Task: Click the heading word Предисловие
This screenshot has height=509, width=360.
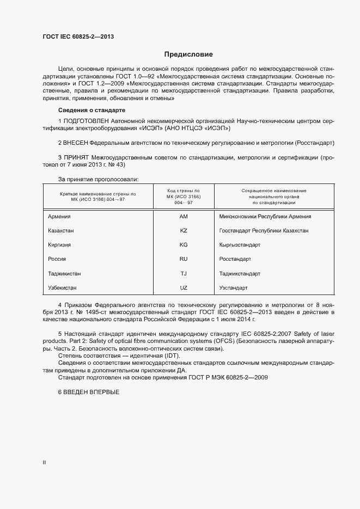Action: point(188,54)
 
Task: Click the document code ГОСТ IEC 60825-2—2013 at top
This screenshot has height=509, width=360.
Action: point(78,37)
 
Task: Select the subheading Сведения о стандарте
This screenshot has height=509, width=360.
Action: point(91,111)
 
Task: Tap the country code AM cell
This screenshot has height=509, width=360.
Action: point(184,216)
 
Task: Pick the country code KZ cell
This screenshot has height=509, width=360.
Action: point(184,230)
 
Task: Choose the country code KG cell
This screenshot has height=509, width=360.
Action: point(184,244)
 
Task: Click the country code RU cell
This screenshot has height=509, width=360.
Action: point(184,259)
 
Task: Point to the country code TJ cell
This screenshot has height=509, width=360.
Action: point(184,273)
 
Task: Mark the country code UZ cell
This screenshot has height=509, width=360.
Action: point(184,287)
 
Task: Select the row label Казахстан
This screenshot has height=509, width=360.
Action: point(61,230)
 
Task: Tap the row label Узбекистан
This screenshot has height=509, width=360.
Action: point(63,287)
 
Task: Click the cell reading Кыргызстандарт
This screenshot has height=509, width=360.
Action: point(240,244)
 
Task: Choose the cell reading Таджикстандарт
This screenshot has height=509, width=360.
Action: point(240,273)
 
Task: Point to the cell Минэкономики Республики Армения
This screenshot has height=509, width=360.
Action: point(265,216)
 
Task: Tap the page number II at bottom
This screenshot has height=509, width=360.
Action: point(44,463)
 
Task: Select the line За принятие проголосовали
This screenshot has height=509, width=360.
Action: point(98,179)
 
